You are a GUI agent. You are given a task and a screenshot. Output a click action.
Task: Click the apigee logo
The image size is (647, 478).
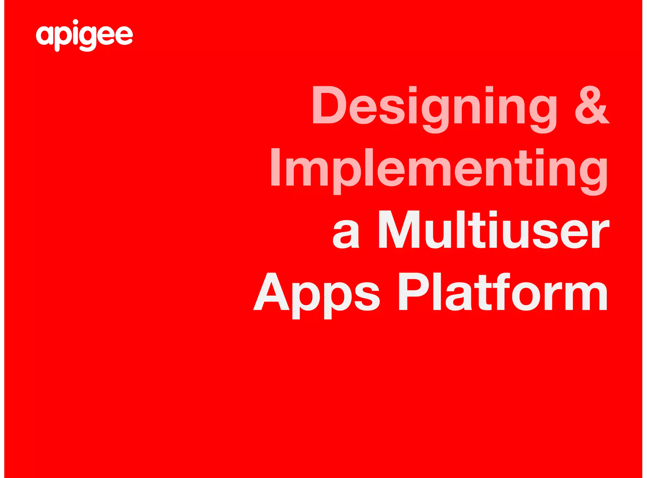pyautogui.click(x=84, y=35)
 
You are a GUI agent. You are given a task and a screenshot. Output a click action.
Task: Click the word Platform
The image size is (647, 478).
pyautogui.click(x=503, y=292)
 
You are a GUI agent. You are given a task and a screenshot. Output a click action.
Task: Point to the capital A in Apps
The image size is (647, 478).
pyautogui.click(x=272, y=292)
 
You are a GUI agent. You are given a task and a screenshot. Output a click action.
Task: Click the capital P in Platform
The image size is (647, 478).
pyautogui.click(x=413, y=292)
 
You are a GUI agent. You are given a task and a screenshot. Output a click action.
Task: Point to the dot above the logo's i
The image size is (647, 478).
pyautogui.click(x=76, y=22)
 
